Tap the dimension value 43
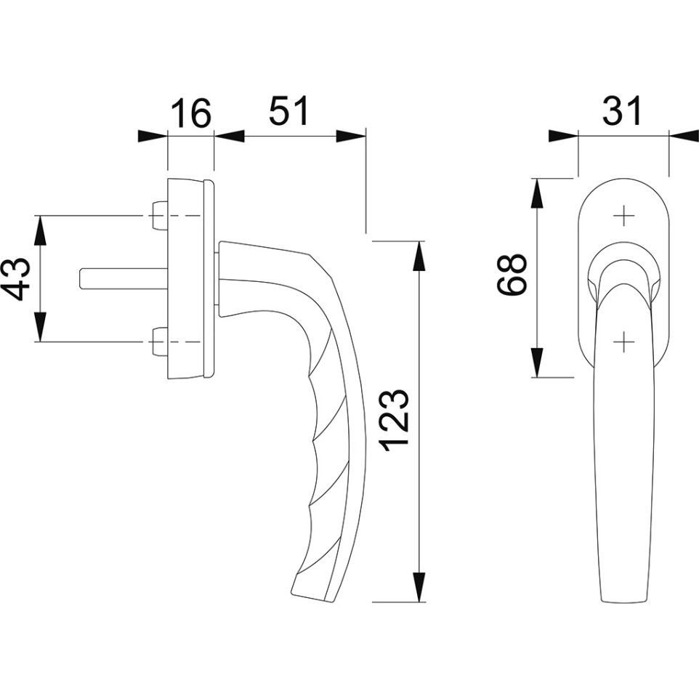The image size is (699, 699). click(18, 279)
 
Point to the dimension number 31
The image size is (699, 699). click(622, 110)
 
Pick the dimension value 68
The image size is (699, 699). click(512, 275)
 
